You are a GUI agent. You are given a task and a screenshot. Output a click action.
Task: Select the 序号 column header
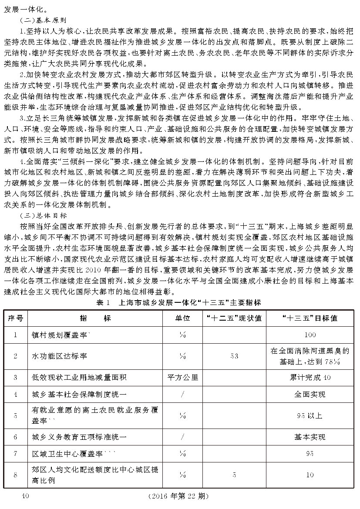tap(16, 318)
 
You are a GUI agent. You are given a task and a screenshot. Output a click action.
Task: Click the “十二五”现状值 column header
tap(234, 318)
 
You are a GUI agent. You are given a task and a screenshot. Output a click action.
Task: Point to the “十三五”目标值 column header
tap(310, 318)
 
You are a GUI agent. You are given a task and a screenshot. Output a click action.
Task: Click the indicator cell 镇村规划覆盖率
tap(61, 335)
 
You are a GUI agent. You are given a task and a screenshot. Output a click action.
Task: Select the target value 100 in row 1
tap(310, 335)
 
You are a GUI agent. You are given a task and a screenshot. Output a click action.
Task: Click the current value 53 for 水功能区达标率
tap(234, 356)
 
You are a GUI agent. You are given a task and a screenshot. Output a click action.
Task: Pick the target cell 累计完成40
tap(310, 377)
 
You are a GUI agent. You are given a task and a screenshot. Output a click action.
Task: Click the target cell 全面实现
tap(310, 395)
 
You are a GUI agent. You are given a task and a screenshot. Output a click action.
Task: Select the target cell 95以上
tap(310, 415)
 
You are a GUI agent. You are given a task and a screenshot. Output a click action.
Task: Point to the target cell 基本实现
tap(310, 436)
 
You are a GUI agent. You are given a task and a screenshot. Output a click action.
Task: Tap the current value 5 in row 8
tap(234, 475)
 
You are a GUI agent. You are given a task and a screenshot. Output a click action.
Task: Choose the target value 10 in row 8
tap(310, 475)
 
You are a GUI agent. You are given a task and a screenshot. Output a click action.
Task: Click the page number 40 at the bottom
tap(24, 496)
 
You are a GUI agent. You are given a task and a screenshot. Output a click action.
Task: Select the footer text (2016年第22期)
tap(178, 496)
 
